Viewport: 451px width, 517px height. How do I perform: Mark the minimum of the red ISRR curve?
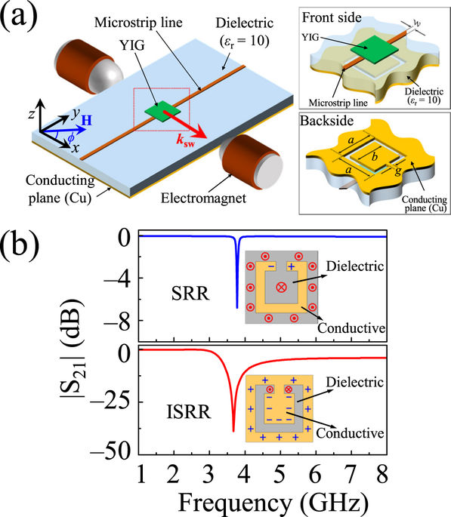[233, 431]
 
